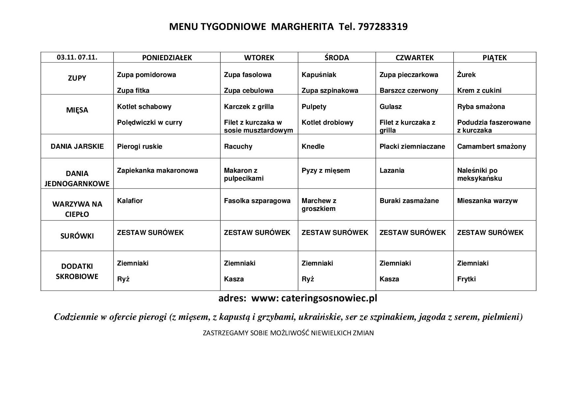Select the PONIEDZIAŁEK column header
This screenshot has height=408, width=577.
click(167, 58)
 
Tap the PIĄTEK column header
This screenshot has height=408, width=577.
click(494, 58)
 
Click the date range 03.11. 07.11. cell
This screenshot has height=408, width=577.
click(77, 57)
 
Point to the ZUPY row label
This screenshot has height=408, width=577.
click(77, 78)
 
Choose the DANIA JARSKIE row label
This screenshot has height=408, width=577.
click(77, 146)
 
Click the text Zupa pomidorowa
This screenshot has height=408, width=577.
click(146, 75)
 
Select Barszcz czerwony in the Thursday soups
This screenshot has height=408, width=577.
click(409, 90)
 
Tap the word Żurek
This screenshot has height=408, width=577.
click(466, 75)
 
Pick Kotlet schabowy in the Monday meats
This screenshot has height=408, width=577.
click(144, 107)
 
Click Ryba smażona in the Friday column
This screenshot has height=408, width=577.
click(481, 107)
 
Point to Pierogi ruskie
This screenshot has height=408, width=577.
click(139, 146)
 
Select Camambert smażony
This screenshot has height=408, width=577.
click(491, 146)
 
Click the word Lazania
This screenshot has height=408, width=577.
click(392, 170)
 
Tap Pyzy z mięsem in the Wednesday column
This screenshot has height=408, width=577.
click(326, 170)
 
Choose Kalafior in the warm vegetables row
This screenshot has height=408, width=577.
click(130, 201)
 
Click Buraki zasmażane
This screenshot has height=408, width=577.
click(409, 201)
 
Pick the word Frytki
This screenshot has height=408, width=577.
click(466, 279)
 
